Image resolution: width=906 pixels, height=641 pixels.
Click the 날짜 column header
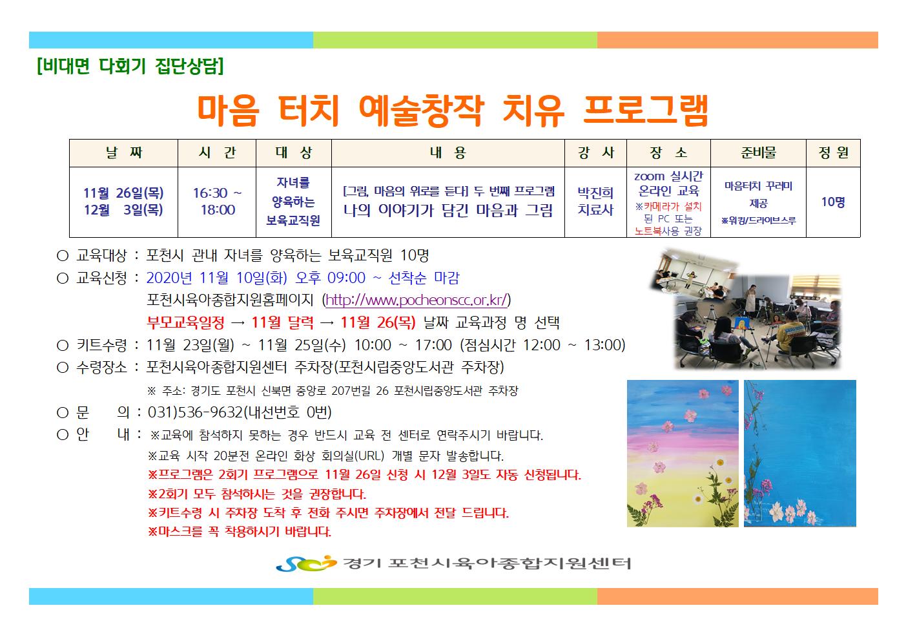[124, 152]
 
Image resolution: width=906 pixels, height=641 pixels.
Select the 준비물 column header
[758, 152]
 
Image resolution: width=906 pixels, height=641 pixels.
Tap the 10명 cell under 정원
[833, 202]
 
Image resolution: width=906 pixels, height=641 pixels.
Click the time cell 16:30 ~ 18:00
[217, 201]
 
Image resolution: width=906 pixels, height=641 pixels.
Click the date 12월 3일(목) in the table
[123, 210]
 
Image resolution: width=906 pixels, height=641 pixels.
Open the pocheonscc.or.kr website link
[417, 300]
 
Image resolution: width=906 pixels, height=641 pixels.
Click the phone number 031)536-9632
[195, 412]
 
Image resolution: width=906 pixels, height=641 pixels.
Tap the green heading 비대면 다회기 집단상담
[130, 66]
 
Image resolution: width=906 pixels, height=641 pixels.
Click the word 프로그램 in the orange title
[646, 110]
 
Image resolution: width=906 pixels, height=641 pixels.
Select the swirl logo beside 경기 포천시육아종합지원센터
[306, 563]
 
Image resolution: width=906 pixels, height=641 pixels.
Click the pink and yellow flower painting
[683, 453]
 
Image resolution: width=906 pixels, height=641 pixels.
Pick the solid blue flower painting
[800, 453]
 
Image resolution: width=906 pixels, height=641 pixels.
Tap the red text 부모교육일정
[185, 322]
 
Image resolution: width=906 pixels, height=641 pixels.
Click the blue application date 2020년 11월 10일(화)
[217, 278]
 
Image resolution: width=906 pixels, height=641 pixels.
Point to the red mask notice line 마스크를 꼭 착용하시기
[240, 531]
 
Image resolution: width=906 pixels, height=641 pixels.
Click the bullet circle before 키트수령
[62, 345]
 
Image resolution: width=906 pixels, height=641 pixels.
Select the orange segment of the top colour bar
[737, 40]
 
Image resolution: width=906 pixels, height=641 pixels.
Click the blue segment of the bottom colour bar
[171, 596]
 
